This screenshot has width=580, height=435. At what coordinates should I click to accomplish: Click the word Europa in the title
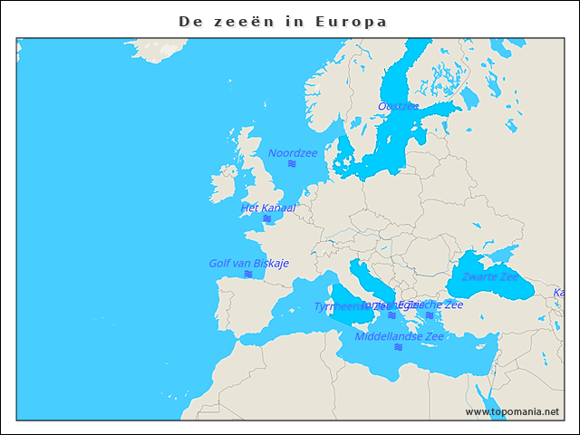click(351, 21)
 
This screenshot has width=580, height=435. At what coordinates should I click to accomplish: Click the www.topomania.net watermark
click(512, 412)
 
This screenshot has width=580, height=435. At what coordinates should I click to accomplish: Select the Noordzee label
click(292, 153)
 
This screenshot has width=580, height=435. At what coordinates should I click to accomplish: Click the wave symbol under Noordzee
click(292, 165)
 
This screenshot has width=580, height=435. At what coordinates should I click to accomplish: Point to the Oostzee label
click(398, 106)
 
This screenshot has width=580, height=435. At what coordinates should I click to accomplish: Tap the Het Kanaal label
click(267, 208)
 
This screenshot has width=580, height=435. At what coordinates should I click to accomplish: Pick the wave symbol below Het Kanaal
click(267, 218)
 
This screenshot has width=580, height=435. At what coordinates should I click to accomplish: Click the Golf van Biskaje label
click(248, 263)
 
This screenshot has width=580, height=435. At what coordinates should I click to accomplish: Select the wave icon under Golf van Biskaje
click(248, 274)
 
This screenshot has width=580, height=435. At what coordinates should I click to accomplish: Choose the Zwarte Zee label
click(489, 276)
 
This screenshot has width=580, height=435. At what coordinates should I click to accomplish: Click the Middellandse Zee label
click(399, 336)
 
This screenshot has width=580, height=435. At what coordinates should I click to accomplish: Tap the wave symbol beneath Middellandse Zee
click(399, 347)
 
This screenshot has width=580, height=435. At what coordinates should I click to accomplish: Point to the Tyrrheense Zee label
click(340, 307)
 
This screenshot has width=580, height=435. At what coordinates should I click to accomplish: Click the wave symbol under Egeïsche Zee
click(430, 315)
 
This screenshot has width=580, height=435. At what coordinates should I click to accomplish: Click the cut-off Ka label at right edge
click(559, 293)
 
